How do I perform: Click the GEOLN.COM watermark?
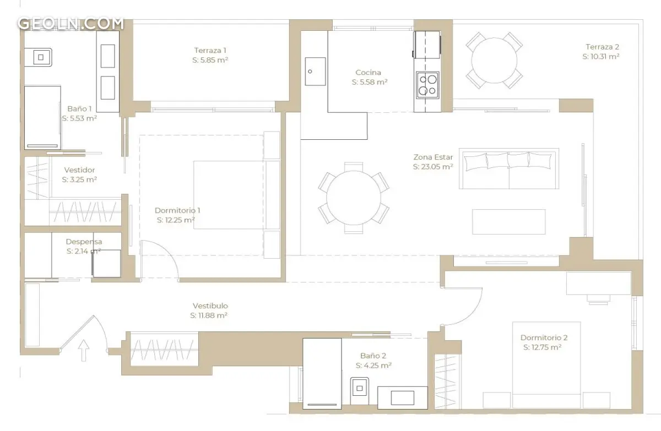click(71, 24)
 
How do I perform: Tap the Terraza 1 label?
click(210, 51)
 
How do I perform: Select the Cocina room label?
click(368, 72)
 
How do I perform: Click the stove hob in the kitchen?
click(427, 85)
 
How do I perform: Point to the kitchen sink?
click(315, 72)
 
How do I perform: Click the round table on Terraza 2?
click(494, 61)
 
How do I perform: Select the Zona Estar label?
click(433, 157)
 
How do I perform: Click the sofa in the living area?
click(509, 168)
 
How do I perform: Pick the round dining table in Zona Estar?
click(354, 198)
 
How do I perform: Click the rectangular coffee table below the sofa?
click(509, 222)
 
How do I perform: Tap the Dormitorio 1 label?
click(177, 210)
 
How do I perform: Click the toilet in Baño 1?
click(38, 57)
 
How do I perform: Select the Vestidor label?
click(79, 170)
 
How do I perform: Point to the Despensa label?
click(84, 242)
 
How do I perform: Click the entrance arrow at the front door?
click(84, 350)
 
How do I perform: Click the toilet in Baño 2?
click(359, 391)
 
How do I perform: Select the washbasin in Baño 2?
click(403, 397)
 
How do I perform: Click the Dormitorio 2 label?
click(544, 337)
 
